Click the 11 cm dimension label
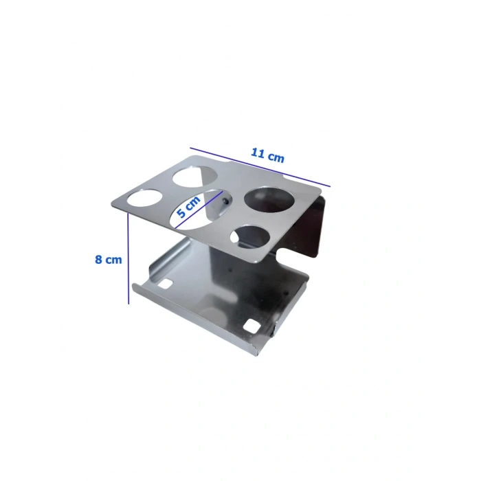[x=267, y=155]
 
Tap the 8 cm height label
[x=109, y=260]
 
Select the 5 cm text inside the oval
[x=188, y=206]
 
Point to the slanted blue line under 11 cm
[x=260, y=167]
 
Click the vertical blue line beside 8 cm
[x=128, y=258]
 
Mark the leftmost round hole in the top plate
[x=144, y=198]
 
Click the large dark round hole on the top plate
[x=269, y=199]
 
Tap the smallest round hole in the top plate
[x=250, y=237]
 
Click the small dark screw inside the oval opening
[x=226, y=201]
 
